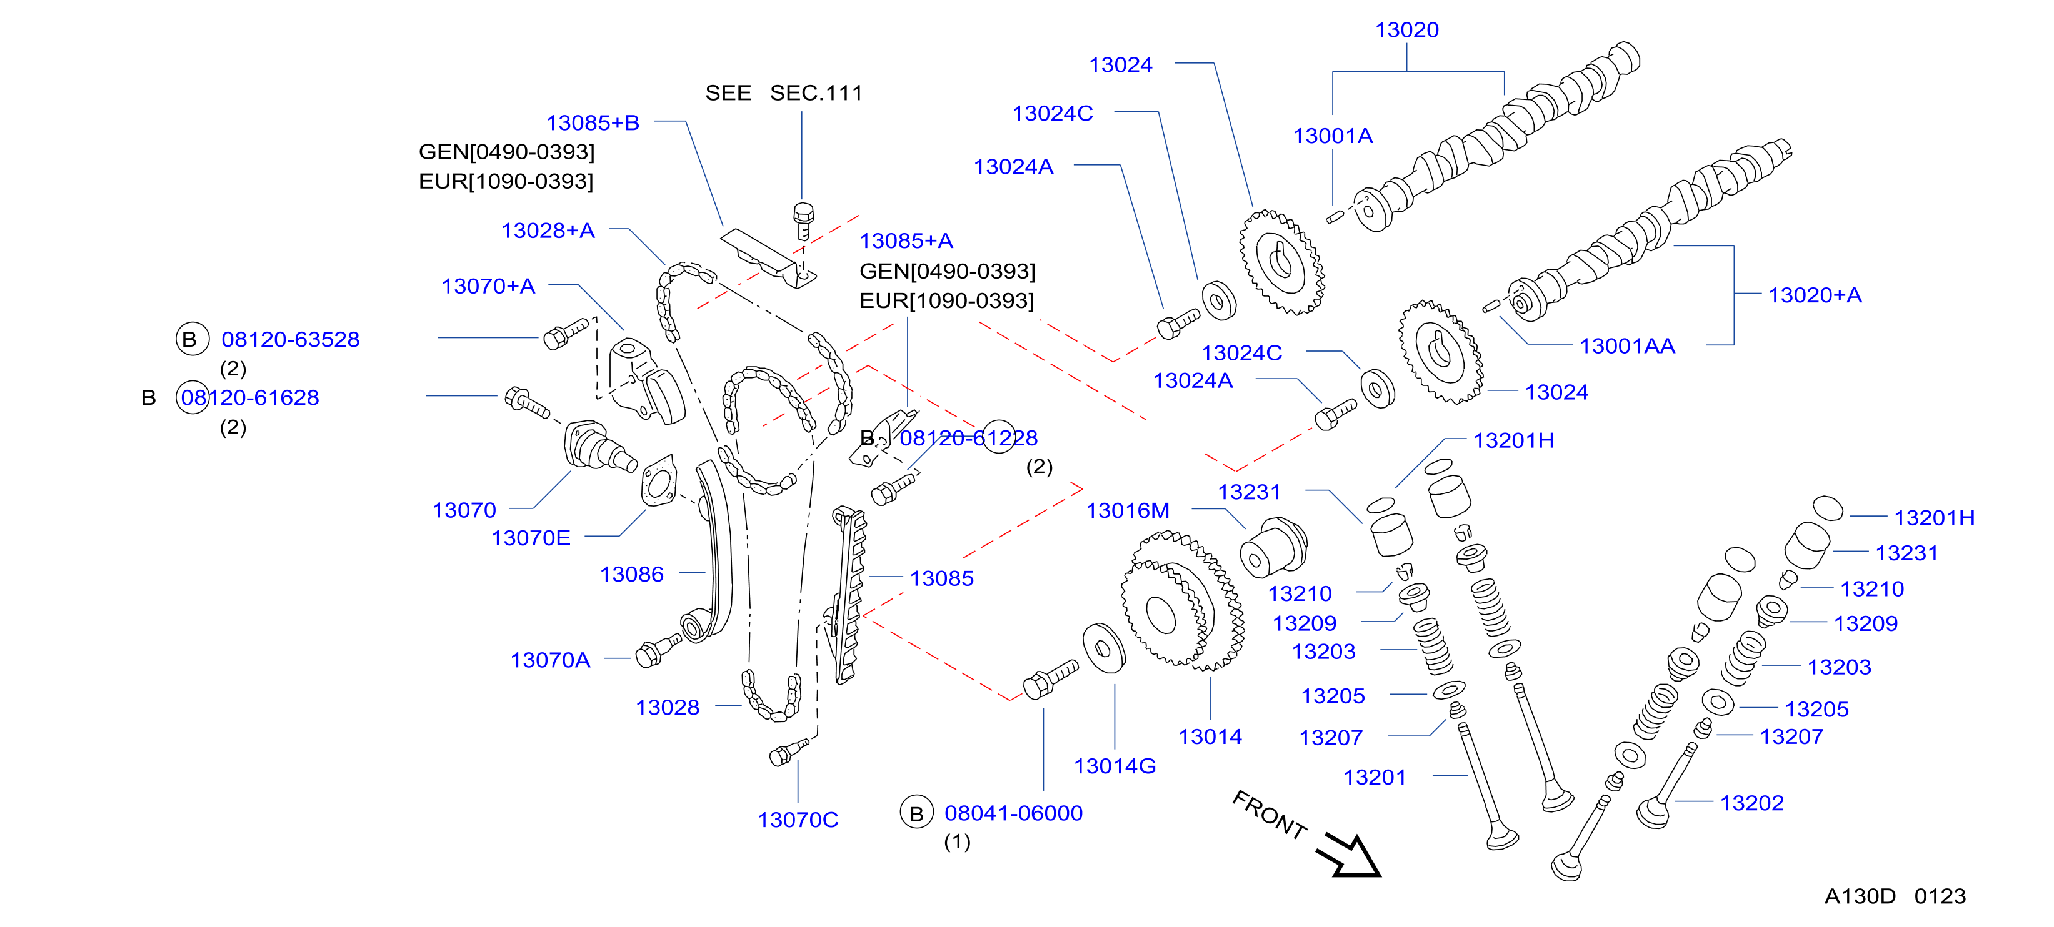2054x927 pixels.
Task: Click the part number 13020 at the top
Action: (x=1406, y=30)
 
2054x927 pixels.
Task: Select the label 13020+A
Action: (x=1815, y=295)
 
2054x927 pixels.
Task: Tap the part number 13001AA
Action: (x=1628, y=346)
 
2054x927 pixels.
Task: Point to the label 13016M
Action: (x=1128, y=510)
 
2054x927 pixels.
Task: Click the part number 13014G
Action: (x=1115, y=766)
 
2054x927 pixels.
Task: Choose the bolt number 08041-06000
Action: (x=1013, y=813)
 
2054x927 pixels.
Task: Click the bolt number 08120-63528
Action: (x=290, y=340)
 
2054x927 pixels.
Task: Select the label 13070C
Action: (x=798, y=820)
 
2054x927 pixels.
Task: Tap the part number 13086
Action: (x=631, y=574)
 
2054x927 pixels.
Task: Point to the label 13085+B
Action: (x=593, y=123)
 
